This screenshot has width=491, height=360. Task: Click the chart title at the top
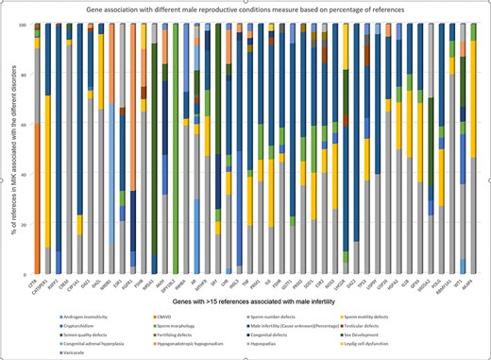(247, 9)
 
